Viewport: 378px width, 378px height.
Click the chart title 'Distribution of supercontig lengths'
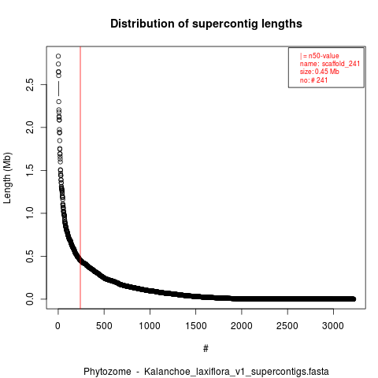tap(206, 24)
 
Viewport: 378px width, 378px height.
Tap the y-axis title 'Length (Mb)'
tap(7, 178)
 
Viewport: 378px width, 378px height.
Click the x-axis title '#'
tap(206, 349)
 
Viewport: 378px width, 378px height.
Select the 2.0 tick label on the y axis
tap(30, 128)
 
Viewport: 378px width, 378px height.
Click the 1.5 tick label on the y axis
tap(30, 170)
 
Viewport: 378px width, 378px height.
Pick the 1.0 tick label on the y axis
tap(30, 213)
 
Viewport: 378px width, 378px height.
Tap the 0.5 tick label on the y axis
tap(30, 256)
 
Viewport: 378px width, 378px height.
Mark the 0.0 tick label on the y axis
tap(30, 299)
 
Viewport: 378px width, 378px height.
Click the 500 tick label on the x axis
tap(104, 326)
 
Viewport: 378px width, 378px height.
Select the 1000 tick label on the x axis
tap(150, 326)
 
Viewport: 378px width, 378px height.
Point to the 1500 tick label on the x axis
tap(196, 326)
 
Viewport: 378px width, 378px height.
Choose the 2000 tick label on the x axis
tap(242, 326)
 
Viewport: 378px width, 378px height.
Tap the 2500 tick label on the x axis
tap(287, 326)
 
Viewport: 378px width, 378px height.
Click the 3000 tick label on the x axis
tap(333, 326)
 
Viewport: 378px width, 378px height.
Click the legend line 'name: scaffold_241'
tap(330, 64)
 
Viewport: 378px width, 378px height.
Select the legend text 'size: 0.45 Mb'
tap(320, 72)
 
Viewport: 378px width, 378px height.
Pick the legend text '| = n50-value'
tap(320, 56)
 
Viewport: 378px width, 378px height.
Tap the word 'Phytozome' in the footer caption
tap(107, 372)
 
